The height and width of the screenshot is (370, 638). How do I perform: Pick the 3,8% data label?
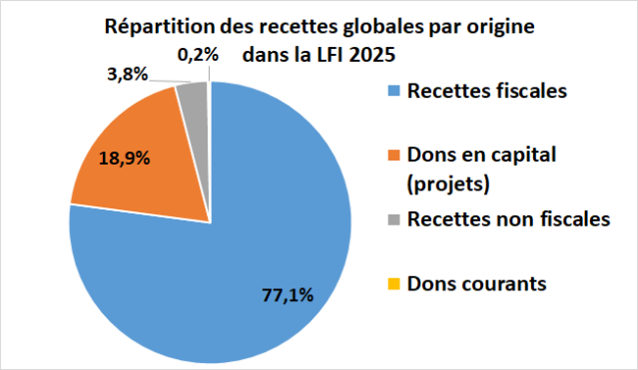point(126,73)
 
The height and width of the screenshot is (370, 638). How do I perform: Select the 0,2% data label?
point(197,55)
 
